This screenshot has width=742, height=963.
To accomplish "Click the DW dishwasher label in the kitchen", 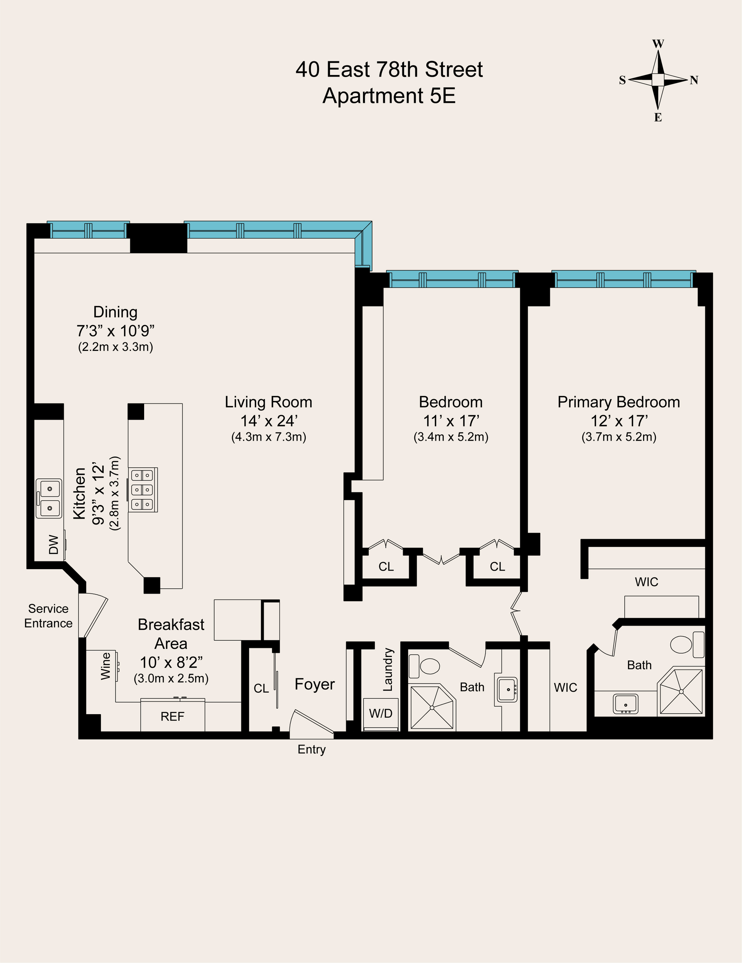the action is [53, 544].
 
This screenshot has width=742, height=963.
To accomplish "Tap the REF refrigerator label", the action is [172, 716].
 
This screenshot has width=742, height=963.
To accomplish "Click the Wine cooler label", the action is [106, 666].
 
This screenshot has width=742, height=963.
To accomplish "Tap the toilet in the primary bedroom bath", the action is [687, 645].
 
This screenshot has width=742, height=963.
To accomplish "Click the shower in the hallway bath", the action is [432, 707].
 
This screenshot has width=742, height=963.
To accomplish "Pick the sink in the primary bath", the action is [625, 704].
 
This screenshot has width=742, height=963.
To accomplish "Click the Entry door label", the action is [312, 750].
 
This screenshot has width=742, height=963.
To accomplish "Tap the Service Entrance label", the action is [48, 616].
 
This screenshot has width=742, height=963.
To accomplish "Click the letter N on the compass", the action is [694, 80].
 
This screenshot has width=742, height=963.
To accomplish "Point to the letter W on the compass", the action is [658, 44].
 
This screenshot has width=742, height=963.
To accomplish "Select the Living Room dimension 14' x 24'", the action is [269, 421].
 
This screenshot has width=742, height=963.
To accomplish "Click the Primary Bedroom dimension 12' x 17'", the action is [619, 421].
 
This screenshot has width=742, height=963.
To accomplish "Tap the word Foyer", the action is [315, 684].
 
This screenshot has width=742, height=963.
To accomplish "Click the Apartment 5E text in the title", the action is [389, 96].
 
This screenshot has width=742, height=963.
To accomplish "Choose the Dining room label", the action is [116, 312].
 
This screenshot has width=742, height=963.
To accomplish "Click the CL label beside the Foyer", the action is [261, 688].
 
